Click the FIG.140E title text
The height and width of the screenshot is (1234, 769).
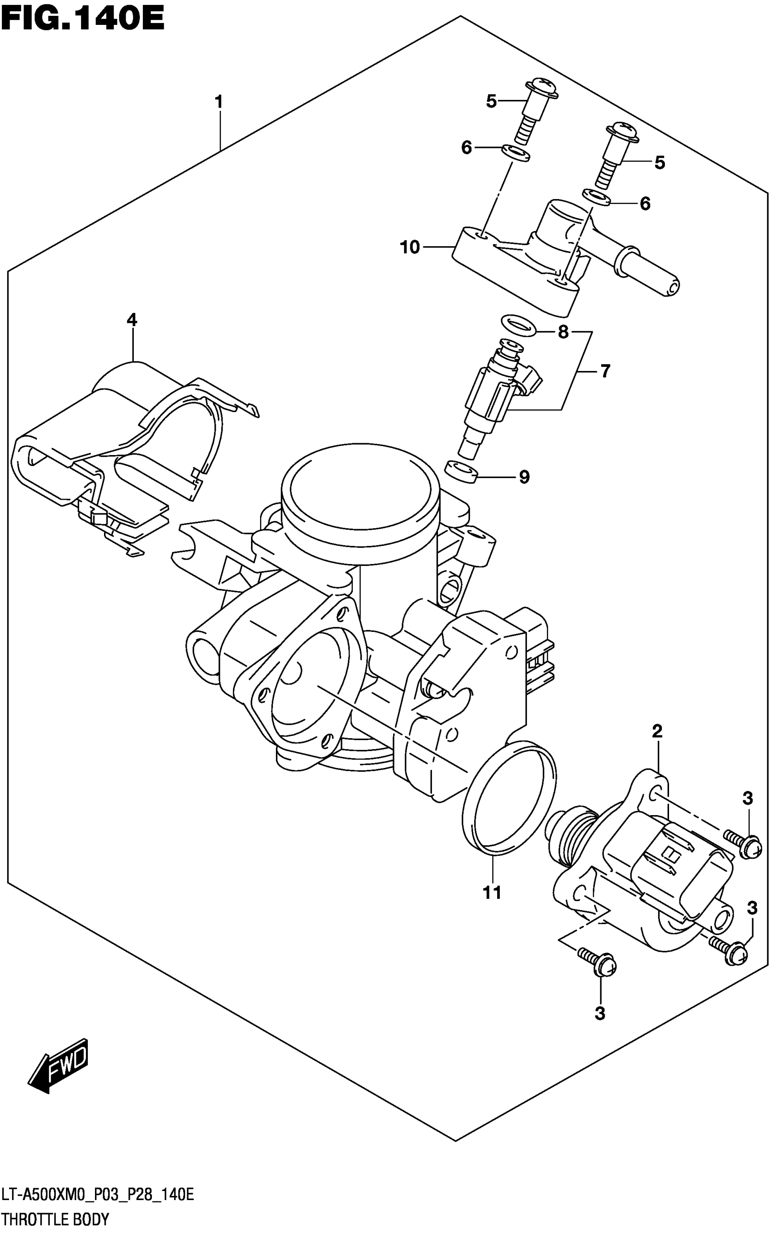82,19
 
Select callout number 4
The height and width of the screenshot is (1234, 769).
132,320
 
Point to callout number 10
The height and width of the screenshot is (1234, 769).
410,247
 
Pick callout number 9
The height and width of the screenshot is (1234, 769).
524,477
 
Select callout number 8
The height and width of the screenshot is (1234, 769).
563,332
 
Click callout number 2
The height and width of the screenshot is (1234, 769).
657,731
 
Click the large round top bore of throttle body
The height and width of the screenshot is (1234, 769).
360,489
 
